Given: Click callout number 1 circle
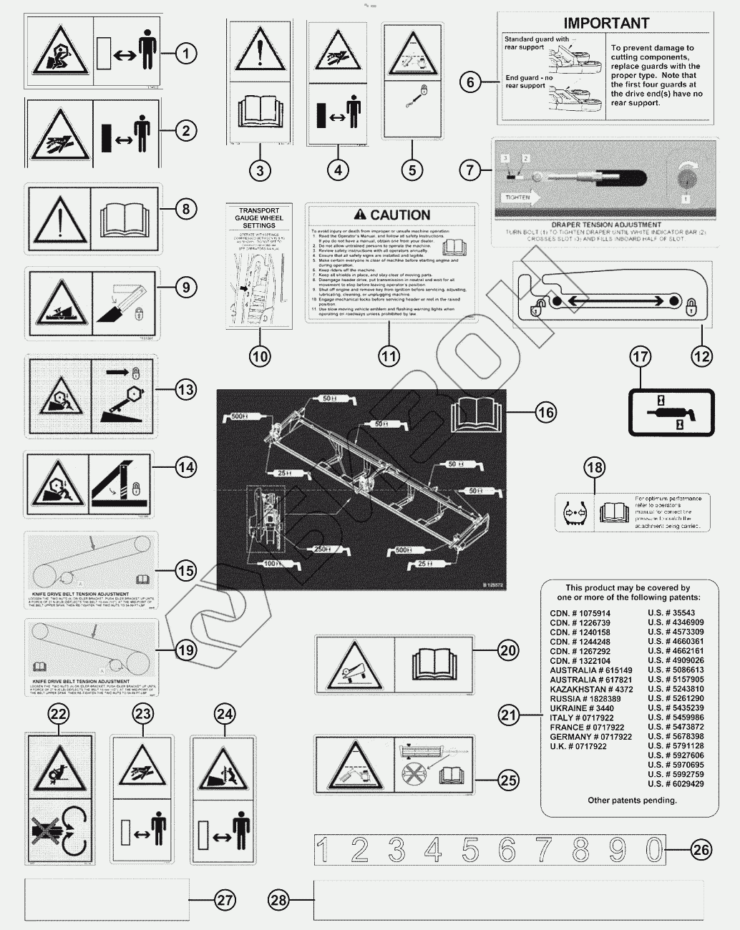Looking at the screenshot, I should coord(186,52).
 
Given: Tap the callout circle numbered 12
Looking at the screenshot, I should coord(702,355).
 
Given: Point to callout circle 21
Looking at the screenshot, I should coord(509,714).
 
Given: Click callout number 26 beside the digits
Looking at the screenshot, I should coord(701,849).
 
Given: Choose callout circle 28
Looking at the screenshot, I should coord(278,899).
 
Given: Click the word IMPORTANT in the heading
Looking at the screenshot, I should coord(606,24).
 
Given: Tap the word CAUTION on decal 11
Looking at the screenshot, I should coord(400,215).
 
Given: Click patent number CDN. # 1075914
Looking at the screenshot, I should coord(580,613).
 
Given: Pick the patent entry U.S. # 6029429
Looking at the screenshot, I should coord(676,783).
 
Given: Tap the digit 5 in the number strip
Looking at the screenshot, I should coord(470,849).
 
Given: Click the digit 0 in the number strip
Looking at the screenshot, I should coord(654,849).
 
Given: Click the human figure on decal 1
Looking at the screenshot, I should coord(147,52).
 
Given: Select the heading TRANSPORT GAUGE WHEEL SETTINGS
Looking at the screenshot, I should coord(260,218).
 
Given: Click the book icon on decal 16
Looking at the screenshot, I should coord(474,414).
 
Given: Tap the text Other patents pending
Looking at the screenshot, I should coord(632,800).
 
